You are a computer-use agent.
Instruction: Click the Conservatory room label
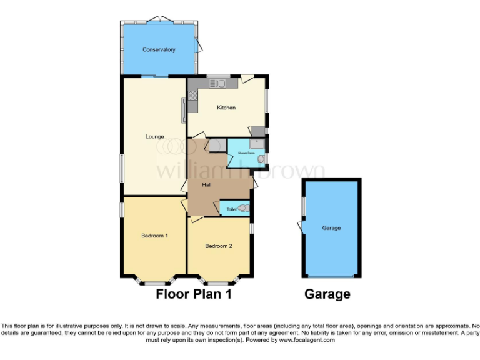158,49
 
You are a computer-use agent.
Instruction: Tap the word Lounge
154,137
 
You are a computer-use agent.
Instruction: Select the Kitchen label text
226,107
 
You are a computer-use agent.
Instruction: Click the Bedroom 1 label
154,236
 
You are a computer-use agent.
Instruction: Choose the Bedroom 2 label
219,246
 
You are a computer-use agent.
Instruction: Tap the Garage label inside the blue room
331,228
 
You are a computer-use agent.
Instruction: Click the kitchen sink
217,84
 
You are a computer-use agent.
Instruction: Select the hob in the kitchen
192,97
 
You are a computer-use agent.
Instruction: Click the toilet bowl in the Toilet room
244,209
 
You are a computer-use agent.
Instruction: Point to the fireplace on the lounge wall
184,110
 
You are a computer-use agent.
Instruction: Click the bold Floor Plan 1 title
194,294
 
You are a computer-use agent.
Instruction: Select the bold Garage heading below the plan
327,294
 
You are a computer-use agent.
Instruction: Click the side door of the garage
301,227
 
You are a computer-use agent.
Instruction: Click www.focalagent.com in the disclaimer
308,340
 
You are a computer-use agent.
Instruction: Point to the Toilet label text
231,209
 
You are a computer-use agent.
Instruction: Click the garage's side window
304,207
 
